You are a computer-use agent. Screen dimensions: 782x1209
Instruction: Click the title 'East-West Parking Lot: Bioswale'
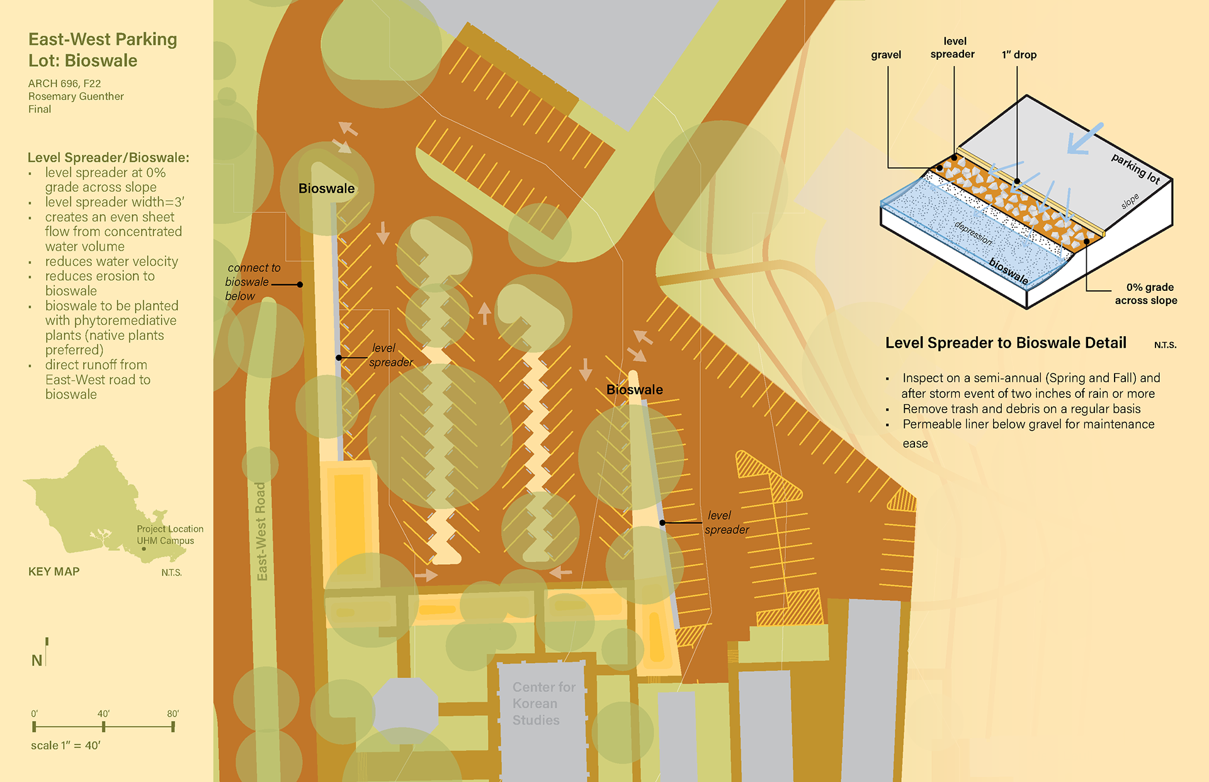(x=103, y=50)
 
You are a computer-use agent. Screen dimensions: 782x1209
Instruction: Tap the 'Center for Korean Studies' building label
(x=543, y=703)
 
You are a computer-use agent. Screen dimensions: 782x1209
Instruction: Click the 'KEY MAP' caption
(x=54, y=572)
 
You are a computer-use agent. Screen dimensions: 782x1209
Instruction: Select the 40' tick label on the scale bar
(x=103, y=713)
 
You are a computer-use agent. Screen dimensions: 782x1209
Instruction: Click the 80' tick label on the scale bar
(x=173, y=713)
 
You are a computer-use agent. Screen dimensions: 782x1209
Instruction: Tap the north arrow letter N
(x=37, y=660)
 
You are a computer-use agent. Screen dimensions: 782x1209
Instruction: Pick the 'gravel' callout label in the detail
(x=886, y=55)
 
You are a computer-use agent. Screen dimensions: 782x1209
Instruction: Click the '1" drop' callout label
(x=1019, y=55)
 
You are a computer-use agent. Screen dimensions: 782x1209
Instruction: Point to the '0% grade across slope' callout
(x=1147, y=293)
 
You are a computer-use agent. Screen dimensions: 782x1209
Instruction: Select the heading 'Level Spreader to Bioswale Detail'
(x=1006, y=343)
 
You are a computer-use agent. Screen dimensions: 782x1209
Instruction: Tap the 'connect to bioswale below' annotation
(x=251, y=282)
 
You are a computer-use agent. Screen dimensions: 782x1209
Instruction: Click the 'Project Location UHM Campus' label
(x=169, y=535)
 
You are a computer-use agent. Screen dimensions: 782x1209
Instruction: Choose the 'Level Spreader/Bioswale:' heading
(x=108, y=157)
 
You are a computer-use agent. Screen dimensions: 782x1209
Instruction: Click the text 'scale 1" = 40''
(x=65, y=745)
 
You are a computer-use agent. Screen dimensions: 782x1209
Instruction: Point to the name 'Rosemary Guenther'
(x=76, y=96)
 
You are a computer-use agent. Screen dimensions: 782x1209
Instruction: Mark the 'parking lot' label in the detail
(x=1135, y=169)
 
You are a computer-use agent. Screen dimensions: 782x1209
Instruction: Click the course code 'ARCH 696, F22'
(x=64, y=83)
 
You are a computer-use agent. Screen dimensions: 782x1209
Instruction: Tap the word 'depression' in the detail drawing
(x=973, y=233)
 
